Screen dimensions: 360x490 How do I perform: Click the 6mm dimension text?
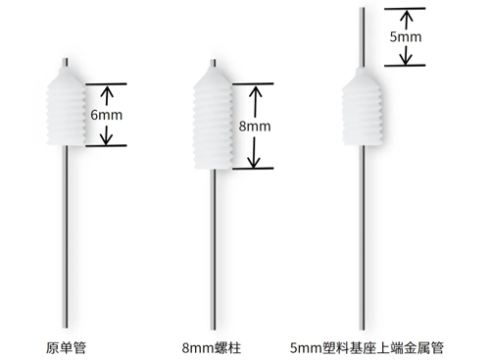[107, 114]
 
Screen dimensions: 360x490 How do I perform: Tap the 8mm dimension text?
[254, 128]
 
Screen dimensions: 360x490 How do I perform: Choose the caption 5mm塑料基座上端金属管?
[367, 346]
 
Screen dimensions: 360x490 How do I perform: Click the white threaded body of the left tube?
[67, 106]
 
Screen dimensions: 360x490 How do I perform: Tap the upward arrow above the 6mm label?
[107, 95]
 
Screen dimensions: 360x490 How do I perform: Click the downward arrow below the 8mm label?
[254, 152]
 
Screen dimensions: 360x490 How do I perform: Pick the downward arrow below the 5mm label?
[404, 54]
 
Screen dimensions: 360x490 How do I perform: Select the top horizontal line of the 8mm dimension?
[250, 83]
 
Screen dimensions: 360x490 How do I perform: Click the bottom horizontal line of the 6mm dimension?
[106, 146]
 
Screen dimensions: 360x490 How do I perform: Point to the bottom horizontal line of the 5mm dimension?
[404, 66]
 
